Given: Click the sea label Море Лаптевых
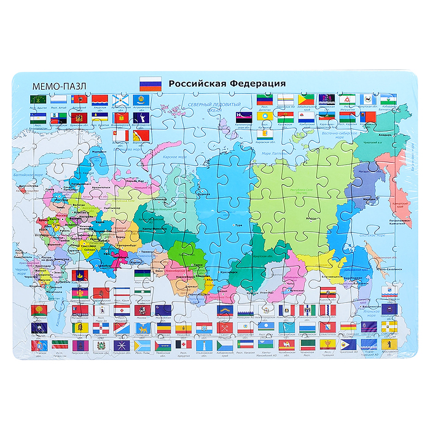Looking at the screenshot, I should pos(274,153).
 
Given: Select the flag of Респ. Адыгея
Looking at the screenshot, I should pos(37,100).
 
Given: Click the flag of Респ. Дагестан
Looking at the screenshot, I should pos(265,99).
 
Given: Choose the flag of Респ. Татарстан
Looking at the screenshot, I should pos(60,345).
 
